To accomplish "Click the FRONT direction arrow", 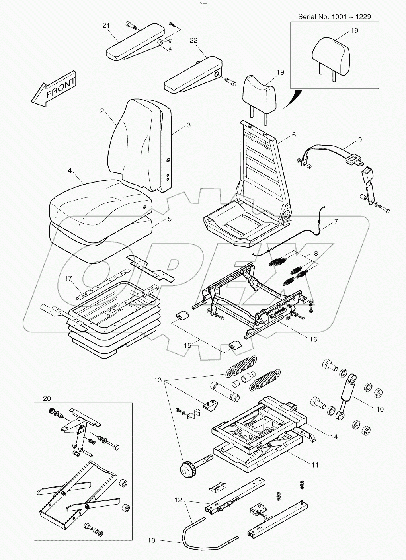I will tap(54, 90).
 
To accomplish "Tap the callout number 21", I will tap(106, 26).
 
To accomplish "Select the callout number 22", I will tap(193, 40).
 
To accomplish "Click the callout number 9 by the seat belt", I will tap(360, 139).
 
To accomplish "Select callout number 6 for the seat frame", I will tap(294, 135).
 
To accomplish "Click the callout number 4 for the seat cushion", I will tap(70, 170).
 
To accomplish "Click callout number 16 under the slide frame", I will tap(313, 339).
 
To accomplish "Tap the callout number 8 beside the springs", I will tap(316, 253).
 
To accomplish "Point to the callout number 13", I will tap(158, 380).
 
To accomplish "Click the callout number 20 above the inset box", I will tap(47, 398).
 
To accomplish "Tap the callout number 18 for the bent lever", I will tap(152, 540).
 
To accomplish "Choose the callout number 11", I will tap(315, 464).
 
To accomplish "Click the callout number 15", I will tap(187, 345).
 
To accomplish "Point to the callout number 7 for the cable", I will tap(336, 222).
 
